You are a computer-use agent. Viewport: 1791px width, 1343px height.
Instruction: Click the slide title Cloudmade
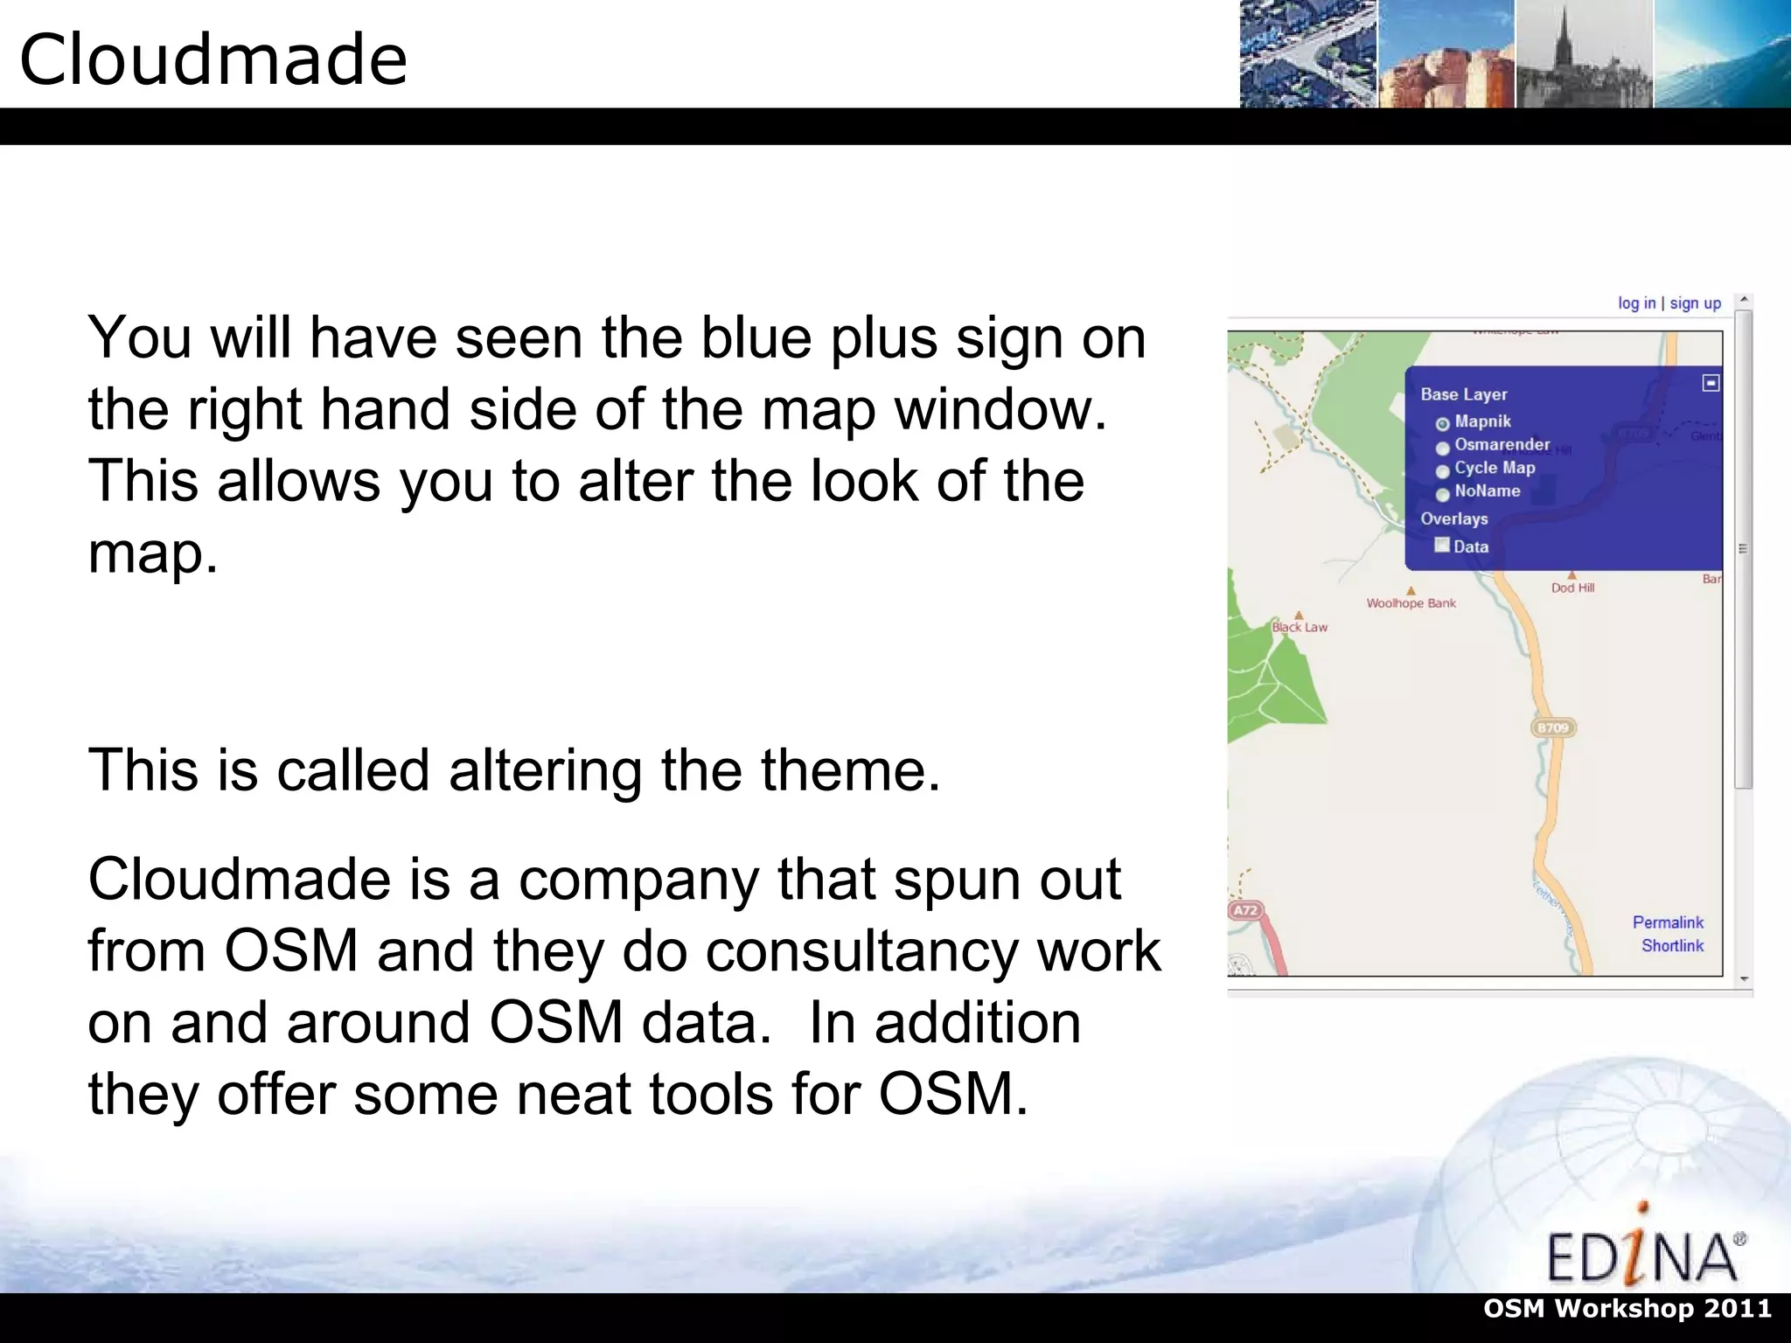[x=213, y=59]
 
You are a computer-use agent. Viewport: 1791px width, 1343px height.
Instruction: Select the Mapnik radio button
[x=1443, y=424]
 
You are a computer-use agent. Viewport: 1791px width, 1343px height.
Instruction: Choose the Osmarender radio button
[x=1443, y=448]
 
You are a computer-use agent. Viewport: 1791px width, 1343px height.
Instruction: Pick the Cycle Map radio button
[x=1443, y=470]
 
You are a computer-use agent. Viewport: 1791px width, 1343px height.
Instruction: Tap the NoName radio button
[x=1443, y=494]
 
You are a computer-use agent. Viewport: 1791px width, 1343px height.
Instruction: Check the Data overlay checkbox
[x=1442, y=545]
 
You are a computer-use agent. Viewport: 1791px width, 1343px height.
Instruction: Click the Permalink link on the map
[x=1668, y=922]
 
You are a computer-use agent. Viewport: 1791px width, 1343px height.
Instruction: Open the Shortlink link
[x=1672, y=945]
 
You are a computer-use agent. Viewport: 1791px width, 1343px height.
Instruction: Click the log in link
[x=1636, y=303]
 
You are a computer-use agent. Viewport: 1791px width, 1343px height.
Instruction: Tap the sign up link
[x=1695, y=303]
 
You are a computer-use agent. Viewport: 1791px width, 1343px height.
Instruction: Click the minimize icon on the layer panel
[x=1711, y=383]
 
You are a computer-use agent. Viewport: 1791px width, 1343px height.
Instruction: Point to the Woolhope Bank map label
[x=1411, y=603]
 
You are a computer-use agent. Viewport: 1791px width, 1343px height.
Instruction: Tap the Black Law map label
[x=1300, y=627]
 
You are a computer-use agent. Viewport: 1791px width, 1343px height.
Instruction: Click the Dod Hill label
[x=1572, y=588]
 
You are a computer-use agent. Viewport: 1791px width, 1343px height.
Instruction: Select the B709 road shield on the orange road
[x=1553, y=727]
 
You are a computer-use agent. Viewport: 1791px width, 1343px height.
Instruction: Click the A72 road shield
[x=1244, y=910]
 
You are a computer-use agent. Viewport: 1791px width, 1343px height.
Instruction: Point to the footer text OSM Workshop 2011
[x=1627, y=1309]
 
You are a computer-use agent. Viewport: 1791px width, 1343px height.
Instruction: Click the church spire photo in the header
[x=1583, y=54]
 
